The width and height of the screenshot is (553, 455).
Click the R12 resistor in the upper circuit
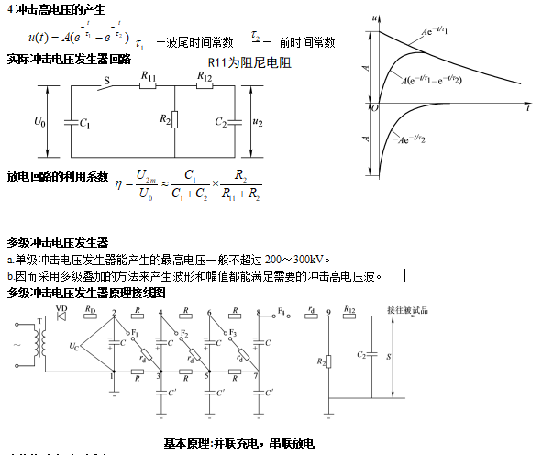(x=205, y=88)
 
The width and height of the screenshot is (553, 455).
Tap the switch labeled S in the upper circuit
(x=107, y=84)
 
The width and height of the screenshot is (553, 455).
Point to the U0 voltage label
(x=39, y=121)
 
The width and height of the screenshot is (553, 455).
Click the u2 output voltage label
(x=258, y=121)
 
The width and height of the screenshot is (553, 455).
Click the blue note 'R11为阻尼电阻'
(x=248, y=62)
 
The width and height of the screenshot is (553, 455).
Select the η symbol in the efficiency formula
(x=118, y=184)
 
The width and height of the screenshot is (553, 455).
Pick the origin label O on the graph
(x=375, y=108)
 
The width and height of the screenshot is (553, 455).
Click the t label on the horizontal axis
(x=527, y=108)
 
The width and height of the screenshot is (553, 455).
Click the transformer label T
(x=37, y=322)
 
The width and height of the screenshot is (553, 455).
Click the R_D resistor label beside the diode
(x=90, y=310)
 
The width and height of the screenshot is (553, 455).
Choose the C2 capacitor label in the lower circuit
(x=359, y=353)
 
